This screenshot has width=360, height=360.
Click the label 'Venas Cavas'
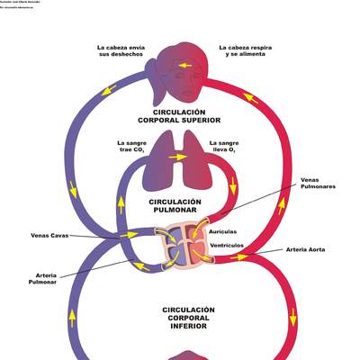50,236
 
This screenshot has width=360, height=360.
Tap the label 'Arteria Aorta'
305,249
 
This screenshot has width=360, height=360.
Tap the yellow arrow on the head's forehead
184,66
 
